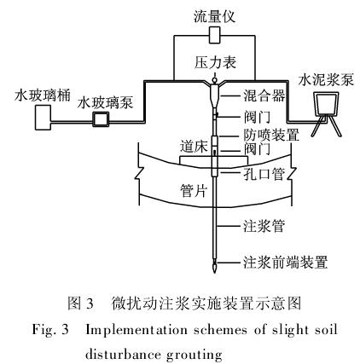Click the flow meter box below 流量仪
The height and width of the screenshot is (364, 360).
[x=214, y=35]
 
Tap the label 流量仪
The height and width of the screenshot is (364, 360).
[x=214, y=16]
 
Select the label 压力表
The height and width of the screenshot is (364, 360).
[x=215, y=62]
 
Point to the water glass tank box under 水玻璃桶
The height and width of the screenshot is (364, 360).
[x=43, y=118]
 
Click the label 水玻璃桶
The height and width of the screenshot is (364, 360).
[x=43, y=95]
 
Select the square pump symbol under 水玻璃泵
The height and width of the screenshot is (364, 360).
[x=101, y=119]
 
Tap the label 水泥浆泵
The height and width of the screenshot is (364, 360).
[x=326, y=80]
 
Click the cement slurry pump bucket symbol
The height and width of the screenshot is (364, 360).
[x=326, y=103]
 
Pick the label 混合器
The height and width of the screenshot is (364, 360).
[x=264, y=95]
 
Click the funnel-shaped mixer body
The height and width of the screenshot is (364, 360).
[x=214, y=95]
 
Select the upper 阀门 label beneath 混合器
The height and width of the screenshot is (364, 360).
[x=257, y=117]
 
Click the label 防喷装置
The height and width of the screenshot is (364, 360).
[x=270, y=135]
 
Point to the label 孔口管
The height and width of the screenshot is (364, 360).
[x=264, y=174]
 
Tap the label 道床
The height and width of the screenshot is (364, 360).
[x=194, y=147]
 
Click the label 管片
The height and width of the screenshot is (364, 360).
[x=194, y=191]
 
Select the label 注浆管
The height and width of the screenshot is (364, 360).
[x=264, y=227]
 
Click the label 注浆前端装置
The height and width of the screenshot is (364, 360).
[x=285, y=262]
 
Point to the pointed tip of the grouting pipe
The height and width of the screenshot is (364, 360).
[x=214, y=272]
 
